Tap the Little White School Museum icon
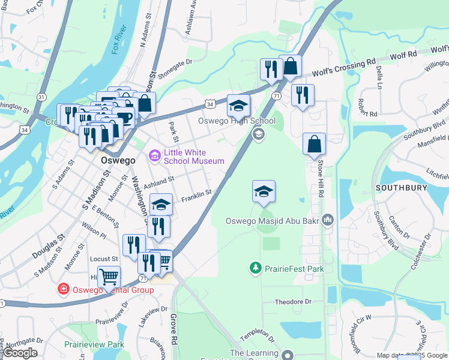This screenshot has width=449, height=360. [x=155, y=157]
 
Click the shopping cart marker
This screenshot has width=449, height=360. [x=109, y=277]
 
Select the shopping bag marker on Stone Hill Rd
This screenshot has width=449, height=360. [x=314, y=144]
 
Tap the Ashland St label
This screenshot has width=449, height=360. [x=158, y=179]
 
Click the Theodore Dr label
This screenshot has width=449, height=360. [x=294, y=302]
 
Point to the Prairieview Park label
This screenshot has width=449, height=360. [x=95, y=344]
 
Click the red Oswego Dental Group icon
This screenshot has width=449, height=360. [x=63, y=290]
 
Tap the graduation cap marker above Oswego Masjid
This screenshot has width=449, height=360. [x=264, y=192]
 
